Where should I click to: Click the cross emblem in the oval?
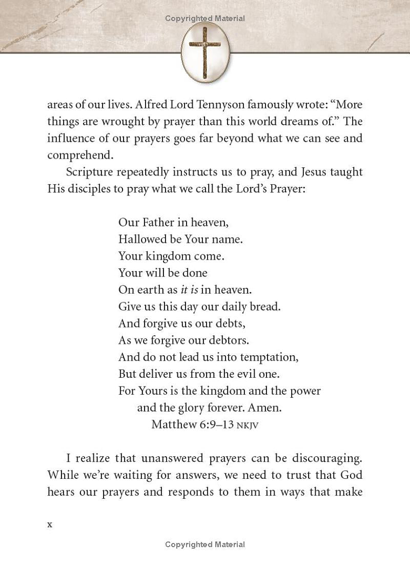205,52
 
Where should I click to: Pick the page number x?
50,524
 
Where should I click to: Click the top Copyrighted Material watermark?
205,18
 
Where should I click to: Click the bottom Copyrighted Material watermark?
205,545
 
